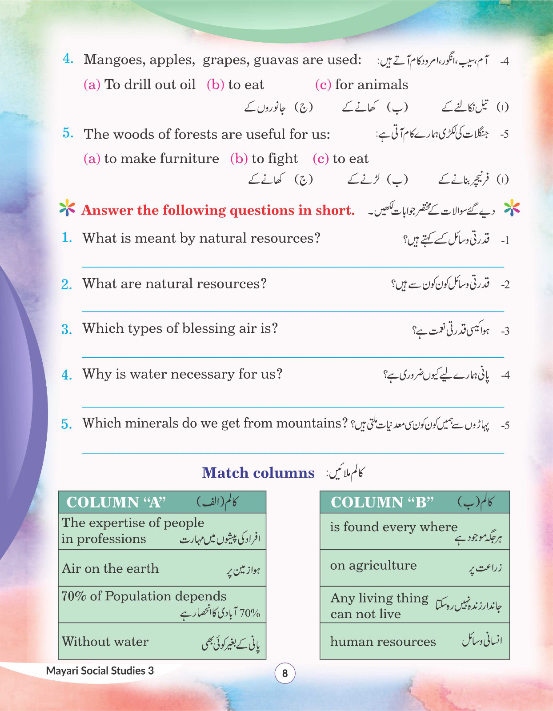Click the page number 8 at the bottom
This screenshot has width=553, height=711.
tap(285, 674)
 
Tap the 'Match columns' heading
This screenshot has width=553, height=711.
tap(258, 473)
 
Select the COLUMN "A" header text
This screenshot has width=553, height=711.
tap(116, 502)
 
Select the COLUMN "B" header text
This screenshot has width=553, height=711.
tap(382, 502)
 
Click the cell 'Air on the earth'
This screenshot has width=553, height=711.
tap(110, 568)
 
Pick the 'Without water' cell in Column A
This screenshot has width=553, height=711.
tap(105, 642)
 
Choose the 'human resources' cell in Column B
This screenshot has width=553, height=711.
tap(383, 642)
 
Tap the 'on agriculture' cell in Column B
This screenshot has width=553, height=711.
tap(373, 565)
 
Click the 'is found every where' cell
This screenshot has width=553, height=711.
tap(393, 527)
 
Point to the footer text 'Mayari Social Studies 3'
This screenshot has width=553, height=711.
tap(100, 671)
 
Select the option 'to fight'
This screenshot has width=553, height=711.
tap(274, 159)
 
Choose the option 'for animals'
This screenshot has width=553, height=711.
tap(371, 85)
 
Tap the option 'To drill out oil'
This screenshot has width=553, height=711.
tap(150, 85)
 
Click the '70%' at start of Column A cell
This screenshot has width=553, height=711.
tap(74, 596)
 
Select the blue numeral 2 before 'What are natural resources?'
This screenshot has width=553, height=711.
tap(66, 284)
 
